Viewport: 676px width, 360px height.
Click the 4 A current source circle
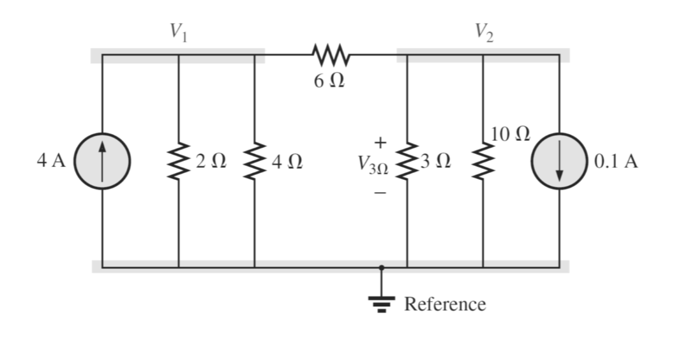click(x=102, y=161)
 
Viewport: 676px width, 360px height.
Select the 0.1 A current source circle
click(x=560, y=161)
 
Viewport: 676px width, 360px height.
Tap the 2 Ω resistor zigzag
click(x=178, y=161)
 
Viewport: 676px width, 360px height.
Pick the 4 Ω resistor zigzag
click(x=255, y=161)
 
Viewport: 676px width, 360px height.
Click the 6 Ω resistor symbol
click(x=330, y=55)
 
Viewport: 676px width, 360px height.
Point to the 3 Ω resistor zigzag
click(x=407, y=161)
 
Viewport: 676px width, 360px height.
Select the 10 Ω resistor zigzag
click(x=483, y=161)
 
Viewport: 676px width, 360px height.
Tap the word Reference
click(x=445, y=304)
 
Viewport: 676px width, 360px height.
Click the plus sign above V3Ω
click(x=380, y=140)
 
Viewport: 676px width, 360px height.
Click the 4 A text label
click(x=51, y=161)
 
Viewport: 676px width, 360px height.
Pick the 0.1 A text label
click(x=615, y=161)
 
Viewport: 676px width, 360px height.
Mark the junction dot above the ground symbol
click(x=382, y=267)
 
